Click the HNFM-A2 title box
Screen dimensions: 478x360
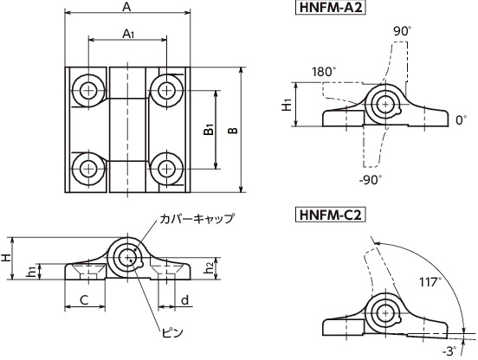point(330,8)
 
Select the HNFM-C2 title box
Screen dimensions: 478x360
point(330,215)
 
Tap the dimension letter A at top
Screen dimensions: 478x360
point(126,7)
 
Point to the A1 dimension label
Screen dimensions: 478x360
point(128,34)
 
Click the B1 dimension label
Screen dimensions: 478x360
point(209,130)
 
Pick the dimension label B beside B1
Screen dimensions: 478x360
point(233,131)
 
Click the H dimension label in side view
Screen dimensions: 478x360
point(6,258)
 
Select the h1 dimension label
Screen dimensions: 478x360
point(31,272)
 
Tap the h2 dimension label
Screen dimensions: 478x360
point(209,267)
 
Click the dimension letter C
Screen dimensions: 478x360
point(84,300)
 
